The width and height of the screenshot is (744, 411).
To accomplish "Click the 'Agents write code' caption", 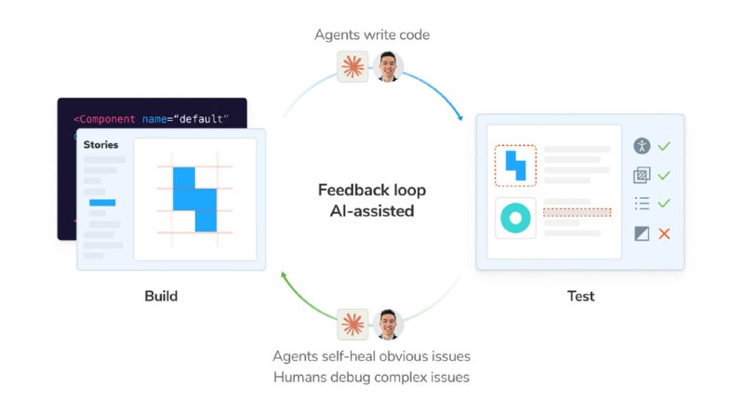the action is pyautogui.click(x=372, y=34).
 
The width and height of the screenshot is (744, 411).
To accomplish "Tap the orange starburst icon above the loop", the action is pyautogui.click(x=352, y=66).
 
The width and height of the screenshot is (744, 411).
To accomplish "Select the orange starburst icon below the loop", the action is pyautogui.click(x=352, y=325).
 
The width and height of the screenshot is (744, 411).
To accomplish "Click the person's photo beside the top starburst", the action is pyautogui.click(x=388, y=66).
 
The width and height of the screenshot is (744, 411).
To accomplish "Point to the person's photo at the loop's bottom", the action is pyautogui.click(x=388, y=325).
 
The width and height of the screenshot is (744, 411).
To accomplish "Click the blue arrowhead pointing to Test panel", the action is pyautogui.click(x=459, y=117).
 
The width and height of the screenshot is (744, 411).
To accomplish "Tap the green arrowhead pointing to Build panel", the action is pyautogui.click(x=284, y=275).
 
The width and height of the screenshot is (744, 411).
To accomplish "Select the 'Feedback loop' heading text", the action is pyautogui.click(x=372, y=190).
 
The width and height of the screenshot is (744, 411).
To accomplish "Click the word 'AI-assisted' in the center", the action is pyautogui.click(x=372, y=211).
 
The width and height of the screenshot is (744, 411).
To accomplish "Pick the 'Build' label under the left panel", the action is pyautogui.click(x=161, y=296).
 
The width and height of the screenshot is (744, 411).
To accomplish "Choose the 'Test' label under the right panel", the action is pyautogui.click(x=580, y=296).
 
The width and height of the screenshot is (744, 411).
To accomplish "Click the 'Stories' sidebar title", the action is pyautogui.click(x=100, y=145).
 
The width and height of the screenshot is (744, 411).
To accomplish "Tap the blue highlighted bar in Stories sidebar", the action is pyautogui.click(x=102, y=203).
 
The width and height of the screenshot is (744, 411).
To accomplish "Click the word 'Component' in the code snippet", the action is pyautogui.click(x=107, y=119).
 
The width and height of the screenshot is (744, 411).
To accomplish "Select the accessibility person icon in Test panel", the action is pyautogui.click(x=642, y=146).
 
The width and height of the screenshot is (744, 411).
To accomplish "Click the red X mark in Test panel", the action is pyautogui.click(x=664, y=233).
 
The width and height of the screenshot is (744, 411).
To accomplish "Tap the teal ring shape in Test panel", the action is pyautogui.click(x=515, y=218).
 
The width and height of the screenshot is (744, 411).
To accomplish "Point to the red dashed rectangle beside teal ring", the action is pyautogui.click(x=577, y=212).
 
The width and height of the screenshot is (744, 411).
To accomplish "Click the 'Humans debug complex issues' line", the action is pyautogui.click(x=371, y=378).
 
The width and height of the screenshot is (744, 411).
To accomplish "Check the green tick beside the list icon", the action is pyautogui.click(x=664, y=204).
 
